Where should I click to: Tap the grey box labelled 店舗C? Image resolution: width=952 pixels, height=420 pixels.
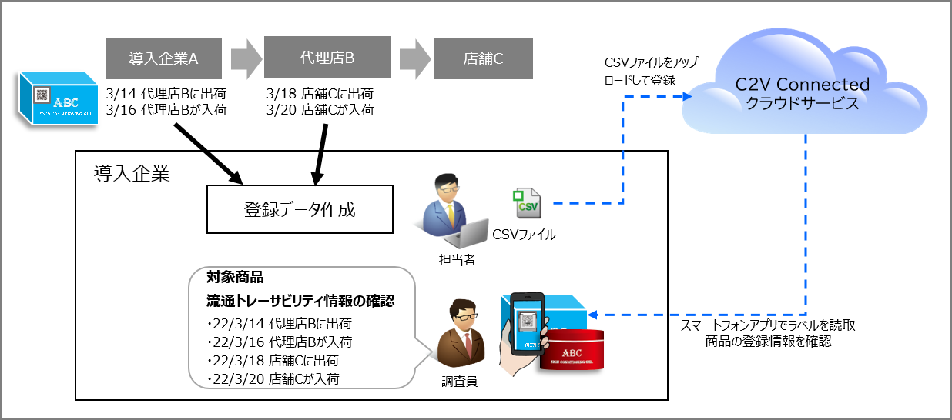pos(483,58)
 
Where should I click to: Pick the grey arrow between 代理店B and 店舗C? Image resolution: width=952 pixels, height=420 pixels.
pos(415,58)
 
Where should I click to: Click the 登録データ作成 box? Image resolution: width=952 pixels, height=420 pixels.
pos(300,208)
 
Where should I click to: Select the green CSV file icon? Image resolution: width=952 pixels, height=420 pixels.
pos(527,202)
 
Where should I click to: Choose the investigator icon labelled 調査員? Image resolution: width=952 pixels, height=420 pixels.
pos(460,335)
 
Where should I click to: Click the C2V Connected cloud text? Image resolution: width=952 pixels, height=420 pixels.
pos(802,93)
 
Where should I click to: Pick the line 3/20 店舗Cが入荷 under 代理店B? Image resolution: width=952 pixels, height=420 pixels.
pos(320,110)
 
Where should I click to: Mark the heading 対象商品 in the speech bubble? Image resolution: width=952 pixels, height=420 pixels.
pos(235,277)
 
